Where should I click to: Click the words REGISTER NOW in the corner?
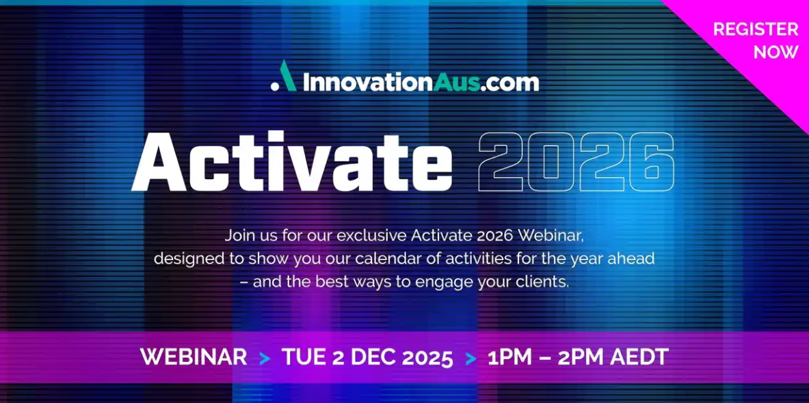(x=756, y=40)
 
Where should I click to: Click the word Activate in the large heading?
(x=291, y=161)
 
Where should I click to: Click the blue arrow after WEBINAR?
(x=264, y=358)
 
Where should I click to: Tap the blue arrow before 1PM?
(x=470, y=358)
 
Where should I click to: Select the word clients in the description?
(x=543, y=283)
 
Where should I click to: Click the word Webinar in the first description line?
(x=551, y=236)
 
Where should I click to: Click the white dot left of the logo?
(x=274, y=88)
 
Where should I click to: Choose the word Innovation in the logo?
(x=368, y=83)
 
